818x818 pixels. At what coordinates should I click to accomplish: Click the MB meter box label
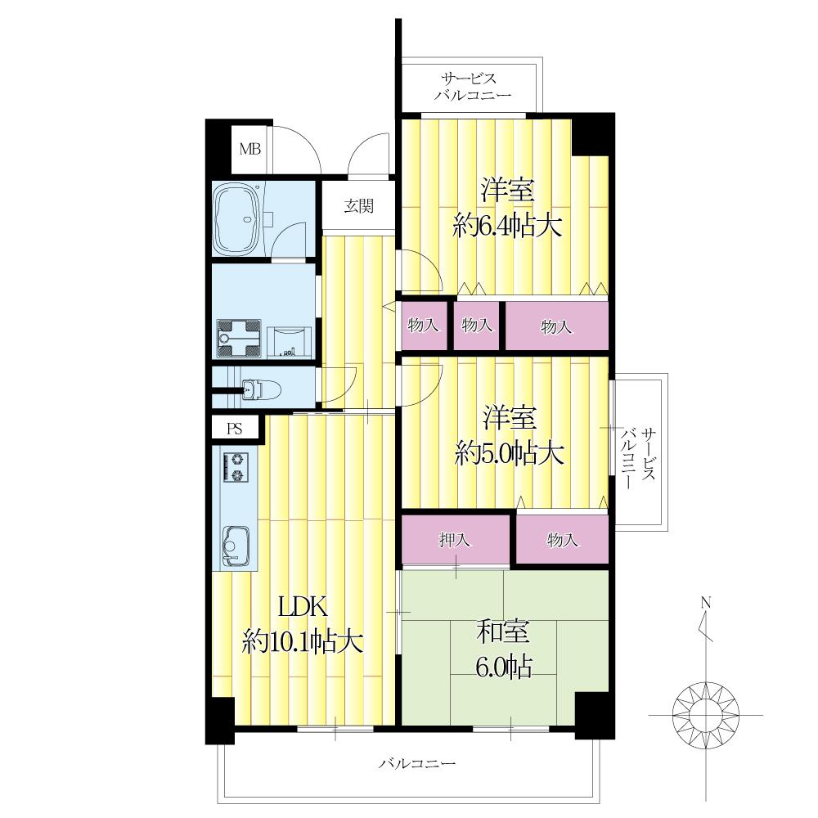249,149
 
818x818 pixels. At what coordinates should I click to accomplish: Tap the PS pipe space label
236,429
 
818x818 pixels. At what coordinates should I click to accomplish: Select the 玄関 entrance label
359,206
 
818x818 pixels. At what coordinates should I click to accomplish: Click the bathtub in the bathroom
238,218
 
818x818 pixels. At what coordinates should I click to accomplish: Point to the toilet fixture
262,389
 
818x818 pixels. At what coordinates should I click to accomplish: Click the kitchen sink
236,546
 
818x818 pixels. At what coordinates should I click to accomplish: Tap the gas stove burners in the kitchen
236,467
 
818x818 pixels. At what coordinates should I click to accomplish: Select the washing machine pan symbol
238,338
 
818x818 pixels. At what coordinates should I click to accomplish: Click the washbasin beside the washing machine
290,342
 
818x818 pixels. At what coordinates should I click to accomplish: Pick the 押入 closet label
454,540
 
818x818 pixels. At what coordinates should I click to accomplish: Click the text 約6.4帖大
507,227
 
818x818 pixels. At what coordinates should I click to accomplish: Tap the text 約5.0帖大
509,452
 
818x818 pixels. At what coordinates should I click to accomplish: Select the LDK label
303,607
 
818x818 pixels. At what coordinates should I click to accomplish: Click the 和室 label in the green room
503,631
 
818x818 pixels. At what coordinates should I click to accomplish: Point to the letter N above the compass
705,603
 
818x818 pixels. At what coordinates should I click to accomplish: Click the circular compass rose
706,715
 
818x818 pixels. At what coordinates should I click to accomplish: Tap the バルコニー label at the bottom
417,764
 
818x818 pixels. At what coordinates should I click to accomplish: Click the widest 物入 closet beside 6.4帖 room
556,326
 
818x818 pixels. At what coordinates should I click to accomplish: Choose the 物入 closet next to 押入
563,539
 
